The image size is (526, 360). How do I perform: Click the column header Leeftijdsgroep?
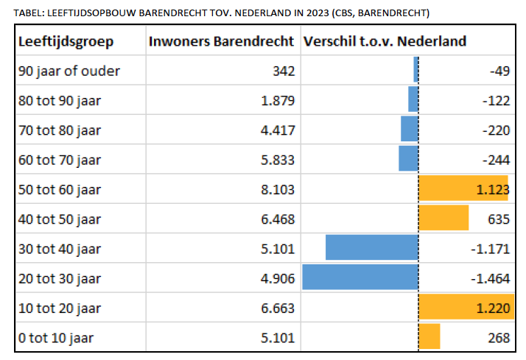66,41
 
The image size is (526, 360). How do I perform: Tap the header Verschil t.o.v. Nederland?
384,41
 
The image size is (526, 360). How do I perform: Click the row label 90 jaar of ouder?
69,71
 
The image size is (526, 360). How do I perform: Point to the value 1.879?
278,101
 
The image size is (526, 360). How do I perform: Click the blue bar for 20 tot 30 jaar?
360,278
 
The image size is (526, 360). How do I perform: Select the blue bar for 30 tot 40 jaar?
371,248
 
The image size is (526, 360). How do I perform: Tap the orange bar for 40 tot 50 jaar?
443,219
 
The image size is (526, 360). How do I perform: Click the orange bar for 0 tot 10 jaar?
429,337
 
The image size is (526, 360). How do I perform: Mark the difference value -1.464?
490,278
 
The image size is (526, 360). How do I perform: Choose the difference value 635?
497,219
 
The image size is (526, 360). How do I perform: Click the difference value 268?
497,338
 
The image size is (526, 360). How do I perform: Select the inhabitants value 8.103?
278,189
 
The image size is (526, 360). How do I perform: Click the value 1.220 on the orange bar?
491,308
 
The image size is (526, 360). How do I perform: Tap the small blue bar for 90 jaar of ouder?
415,71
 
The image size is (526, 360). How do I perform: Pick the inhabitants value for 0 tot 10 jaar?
278,338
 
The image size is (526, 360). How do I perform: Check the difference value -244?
495,160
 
